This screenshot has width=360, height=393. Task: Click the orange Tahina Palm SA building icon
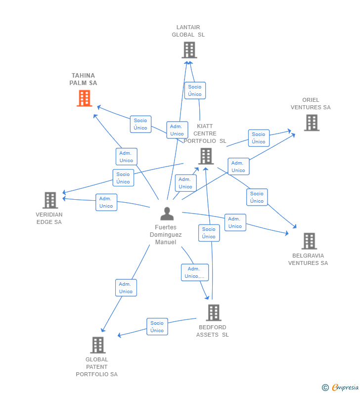[85, 98]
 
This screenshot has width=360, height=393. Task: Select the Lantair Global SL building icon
[189, 50]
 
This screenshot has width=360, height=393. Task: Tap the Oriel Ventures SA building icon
[311, 123]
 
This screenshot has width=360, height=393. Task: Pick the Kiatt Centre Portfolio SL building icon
[206, 156]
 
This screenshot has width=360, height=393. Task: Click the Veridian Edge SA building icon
[50, 200]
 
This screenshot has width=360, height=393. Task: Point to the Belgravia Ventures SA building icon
[309, 241]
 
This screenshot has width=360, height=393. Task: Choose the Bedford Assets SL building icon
[213, 312]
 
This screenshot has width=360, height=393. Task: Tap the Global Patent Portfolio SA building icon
[98, 345]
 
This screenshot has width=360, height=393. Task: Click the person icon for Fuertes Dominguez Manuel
[167, 214]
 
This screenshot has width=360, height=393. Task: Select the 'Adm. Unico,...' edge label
[195, 272]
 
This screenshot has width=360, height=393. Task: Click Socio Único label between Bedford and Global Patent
[157, 327]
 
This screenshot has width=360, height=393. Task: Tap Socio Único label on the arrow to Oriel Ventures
[259, 138]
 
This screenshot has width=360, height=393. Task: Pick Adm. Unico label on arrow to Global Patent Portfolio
[126, 288]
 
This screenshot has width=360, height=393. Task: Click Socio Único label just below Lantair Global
[195, 90]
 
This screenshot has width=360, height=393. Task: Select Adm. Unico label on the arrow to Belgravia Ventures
[235, 222]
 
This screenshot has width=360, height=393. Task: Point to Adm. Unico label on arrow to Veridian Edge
[106, 202]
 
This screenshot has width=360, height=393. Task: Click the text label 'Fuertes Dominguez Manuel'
[166, 235]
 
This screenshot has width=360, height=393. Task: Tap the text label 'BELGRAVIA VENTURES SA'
[308, 260]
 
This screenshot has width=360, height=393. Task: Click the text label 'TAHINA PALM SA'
[83, 80]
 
